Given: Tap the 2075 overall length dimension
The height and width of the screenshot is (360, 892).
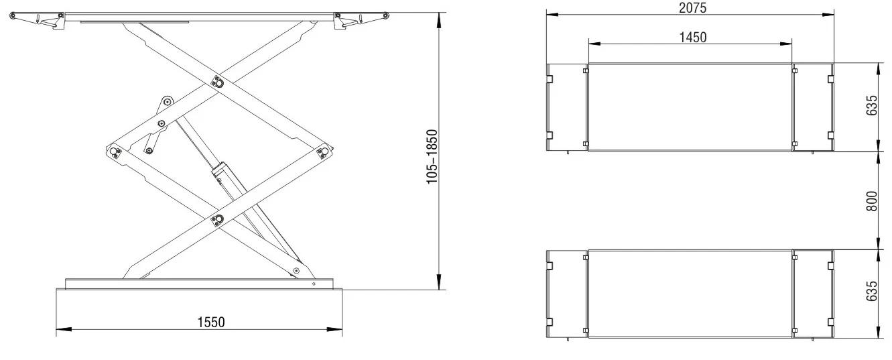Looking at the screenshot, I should click(x=690, y=7).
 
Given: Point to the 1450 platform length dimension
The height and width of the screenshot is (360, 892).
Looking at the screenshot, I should click(x=691, y=37).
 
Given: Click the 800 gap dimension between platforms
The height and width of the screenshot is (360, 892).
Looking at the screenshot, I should click(x=871, y=200).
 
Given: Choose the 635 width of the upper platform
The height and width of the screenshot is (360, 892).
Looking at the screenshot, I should click(x=871, y=107).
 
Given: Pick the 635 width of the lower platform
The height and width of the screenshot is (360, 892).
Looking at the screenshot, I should click(x=871, y=294).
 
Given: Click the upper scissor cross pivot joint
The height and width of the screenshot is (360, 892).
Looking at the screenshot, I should click(x=217, y=82).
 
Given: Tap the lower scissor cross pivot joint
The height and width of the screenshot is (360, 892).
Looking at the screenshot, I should click(x=217, y=219).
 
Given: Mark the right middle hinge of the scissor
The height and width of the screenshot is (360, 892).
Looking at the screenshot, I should click(x=325, y=152).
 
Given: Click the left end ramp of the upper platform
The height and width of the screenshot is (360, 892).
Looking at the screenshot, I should click(x=568, y=107).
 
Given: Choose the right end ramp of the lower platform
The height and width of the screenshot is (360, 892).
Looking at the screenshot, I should click(x=813, y=294).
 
